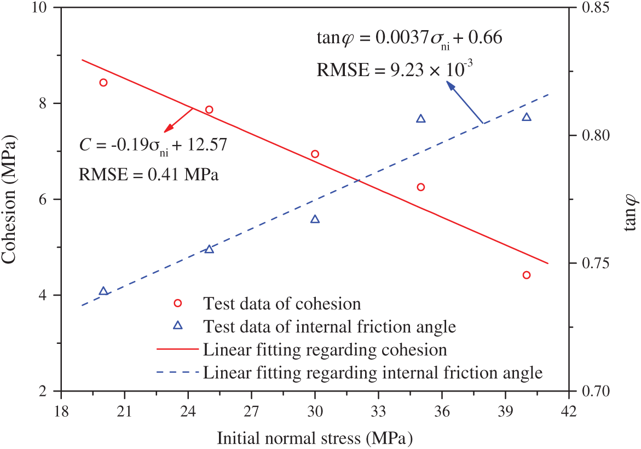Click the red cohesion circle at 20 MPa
point(103,83)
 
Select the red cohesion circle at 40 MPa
point(527,275)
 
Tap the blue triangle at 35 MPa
point(421,119)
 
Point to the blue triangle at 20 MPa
point(103,291)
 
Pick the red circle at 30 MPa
point(315,154)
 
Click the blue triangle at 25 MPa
point(209,249)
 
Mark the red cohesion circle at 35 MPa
point(421,187)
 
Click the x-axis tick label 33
point(378,410)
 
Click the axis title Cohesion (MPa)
point(12,199)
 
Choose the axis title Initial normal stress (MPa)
point(315,439)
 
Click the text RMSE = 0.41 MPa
point(148,175)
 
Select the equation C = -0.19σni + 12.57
point(153,146)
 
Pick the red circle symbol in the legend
point(177,303)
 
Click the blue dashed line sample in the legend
point(177,373)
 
